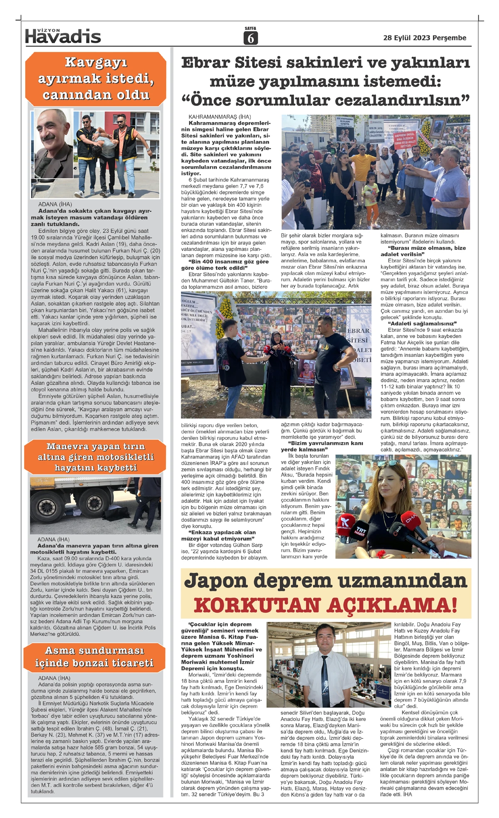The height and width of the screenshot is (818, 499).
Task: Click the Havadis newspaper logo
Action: (x=63, y=36)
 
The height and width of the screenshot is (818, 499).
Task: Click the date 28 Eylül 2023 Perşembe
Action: (x=425, y=38)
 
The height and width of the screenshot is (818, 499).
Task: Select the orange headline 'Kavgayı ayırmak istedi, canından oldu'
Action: (x=96, y=79)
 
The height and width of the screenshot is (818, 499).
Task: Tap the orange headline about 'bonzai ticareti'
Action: (x=94, y=656)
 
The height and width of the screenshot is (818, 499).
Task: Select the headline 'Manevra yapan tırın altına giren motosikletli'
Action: (x=96, y=457)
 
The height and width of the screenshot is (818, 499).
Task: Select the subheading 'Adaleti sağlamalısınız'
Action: (x=422, y=323)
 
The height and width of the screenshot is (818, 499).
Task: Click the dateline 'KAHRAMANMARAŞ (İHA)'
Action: (x=220, y=117)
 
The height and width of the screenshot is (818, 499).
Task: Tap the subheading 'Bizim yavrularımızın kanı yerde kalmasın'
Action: (x=321, y=446)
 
